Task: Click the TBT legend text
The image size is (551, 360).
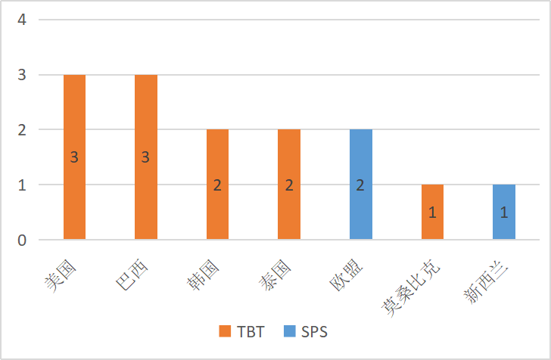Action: pos(251,332)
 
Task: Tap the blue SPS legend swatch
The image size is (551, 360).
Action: pos(288,332)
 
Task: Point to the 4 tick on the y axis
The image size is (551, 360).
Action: pos(22,20)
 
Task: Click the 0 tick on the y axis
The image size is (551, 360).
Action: pos(22,241)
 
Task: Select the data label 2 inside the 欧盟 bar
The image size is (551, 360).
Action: pos(360,185)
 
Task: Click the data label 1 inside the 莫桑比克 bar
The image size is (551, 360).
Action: pos(432,213)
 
